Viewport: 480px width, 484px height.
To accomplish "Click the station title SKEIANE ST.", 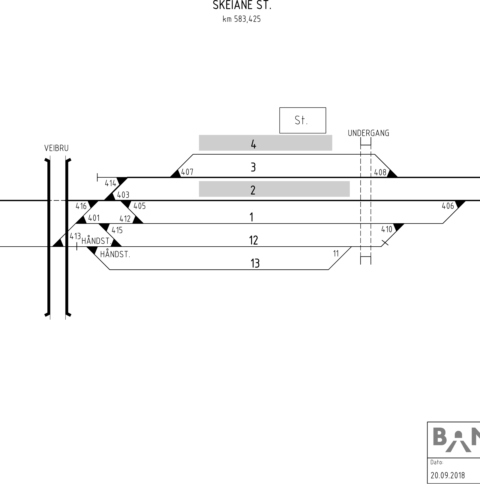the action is click(x=242, y=5).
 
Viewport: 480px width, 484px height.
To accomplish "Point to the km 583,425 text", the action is click(x=241, y=19).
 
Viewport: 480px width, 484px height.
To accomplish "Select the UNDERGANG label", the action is click(x=368, y=133).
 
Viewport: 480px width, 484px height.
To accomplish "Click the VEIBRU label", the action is click(x=56, y=148).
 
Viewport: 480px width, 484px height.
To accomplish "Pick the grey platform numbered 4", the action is click(x=265, y=143).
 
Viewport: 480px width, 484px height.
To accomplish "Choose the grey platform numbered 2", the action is click(x=274, y=189).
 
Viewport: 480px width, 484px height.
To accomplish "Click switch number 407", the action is click(x=187, y=172).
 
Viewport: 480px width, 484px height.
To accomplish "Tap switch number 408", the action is click(x=380, y=172).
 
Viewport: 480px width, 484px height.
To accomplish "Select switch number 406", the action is click(x=448, y=206).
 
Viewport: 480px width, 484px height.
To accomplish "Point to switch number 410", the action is click(x=387, y=229).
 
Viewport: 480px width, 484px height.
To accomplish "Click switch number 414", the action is click(x=110, y=183).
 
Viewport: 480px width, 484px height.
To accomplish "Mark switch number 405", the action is click(x=139, y=206).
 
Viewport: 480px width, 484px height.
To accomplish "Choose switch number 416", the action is click(x=81, y=206).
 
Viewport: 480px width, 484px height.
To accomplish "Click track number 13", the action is click(x=255, y=263).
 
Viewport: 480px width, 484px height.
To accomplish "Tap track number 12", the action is click(x=253, y=240).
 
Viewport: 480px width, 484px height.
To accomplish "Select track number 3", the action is click(x=253, y=167).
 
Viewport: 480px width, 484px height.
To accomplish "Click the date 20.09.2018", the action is click(x=448, y=475).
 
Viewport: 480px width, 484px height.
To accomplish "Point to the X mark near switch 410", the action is click(x=385, y=242).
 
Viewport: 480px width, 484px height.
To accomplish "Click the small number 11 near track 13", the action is click(x=336, y=254).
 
